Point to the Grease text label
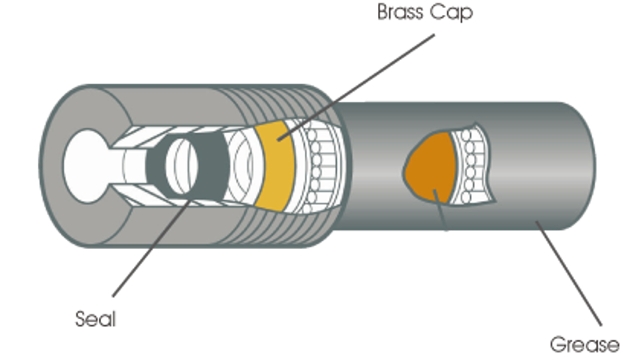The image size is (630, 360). point(584,344)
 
